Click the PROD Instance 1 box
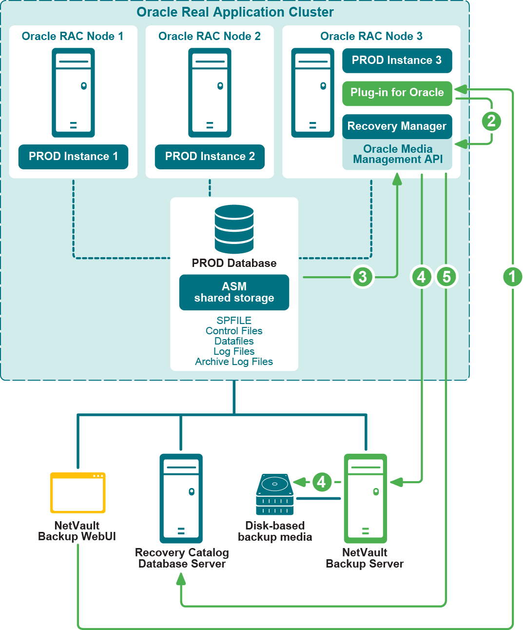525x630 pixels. (73, 157)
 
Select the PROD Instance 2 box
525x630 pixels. (210, 157)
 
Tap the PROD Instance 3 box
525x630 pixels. (397, 61)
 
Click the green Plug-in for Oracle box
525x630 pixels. (397, 93)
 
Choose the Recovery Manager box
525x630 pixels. (397, 126)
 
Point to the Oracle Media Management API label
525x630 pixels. (398, 154)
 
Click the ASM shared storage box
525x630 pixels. (234, 292)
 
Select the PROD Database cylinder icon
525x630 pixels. (234, 229)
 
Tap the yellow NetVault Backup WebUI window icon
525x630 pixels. (78, 492)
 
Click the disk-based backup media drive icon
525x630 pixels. (275, 494)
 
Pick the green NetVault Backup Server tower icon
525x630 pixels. (366, 498)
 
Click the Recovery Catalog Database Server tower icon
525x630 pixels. (181, 498)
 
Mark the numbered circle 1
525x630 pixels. (512, 277)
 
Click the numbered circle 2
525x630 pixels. (491, 121)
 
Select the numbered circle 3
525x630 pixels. (363, 277)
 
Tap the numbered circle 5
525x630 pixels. (447, 277)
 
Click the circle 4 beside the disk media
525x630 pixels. (322, 482)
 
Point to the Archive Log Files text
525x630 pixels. (234, 362)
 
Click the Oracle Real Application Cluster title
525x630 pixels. (235, 12)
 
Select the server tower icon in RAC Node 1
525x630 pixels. (73, 93)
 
